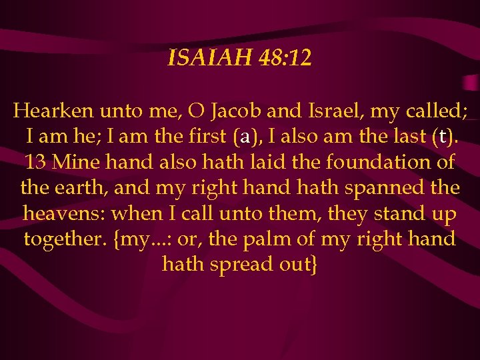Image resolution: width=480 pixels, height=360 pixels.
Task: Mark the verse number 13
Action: (x=36, y=162)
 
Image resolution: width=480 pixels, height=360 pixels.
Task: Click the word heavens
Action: (x=63, y=213)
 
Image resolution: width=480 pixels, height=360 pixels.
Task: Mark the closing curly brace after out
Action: (x=314, y=265)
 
